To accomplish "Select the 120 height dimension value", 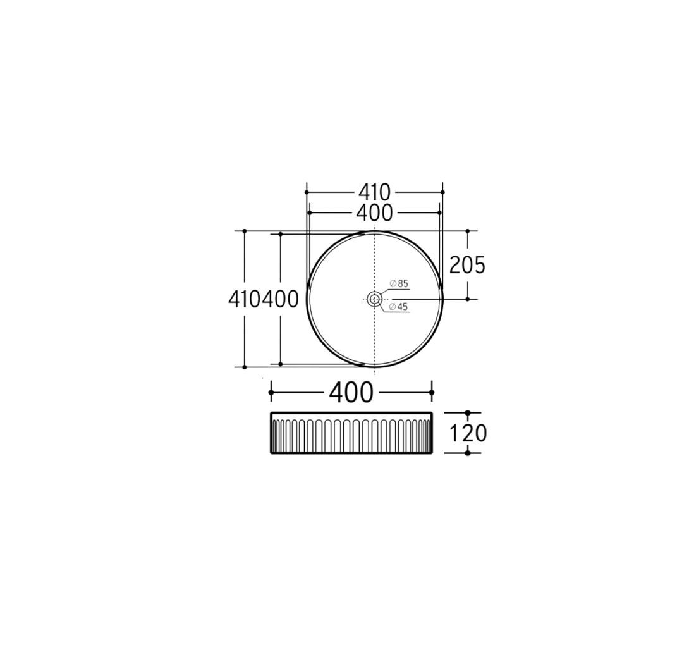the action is point(468,433).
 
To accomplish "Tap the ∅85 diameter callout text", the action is point(399,283).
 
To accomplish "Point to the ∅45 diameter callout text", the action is point(399,307).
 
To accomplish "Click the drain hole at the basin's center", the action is point(374,299).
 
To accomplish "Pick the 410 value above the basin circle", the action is point(374,192).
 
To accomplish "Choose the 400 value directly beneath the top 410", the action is point(374,213).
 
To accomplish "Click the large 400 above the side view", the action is point(351,393).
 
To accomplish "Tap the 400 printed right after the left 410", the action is point(281,300).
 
